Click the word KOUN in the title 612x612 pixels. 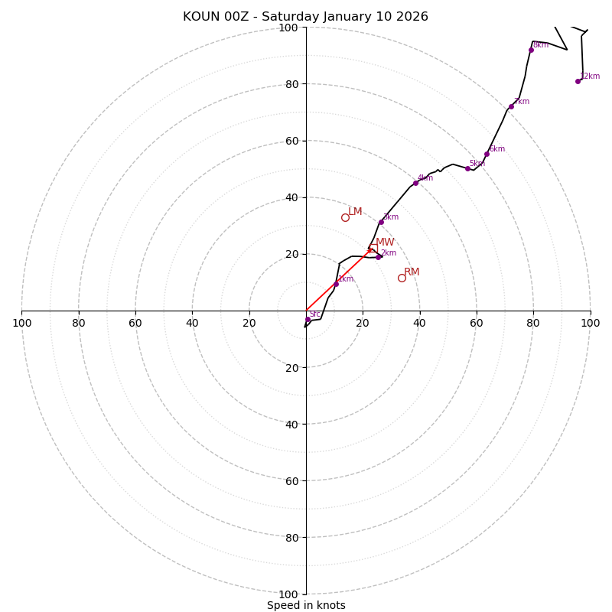[x=201, y=17]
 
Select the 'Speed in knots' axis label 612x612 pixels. [x=306, y=605]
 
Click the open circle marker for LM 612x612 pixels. [x=345, y=217]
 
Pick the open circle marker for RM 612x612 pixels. [x=402, y=278]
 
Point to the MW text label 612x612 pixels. [x=385, y=243]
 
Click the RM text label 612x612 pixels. [x=412, y=272]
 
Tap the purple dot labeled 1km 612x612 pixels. [x=336, y=284]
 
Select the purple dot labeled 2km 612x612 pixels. [x=378, y=257]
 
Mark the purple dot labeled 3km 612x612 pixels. [x=381, y=222]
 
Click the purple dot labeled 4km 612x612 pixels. [x=415, y=183]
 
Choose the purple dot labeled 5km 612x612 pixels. [x=467, y=168]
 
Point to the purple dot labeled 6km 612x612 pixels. [x=487, y=154]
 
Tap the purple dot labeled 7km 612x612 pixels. [x=511, y=106]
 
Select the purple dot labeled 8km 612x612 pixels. [x=531, y=50]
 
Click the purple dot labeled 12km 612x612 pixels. [x=578, y=81]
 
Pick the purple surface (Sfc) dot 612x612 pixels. [x=308, y=320]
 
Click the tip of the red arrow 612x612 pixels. [x=373, y=248]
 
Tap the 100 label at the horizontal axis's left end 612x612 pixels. [x=21, y=323]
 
